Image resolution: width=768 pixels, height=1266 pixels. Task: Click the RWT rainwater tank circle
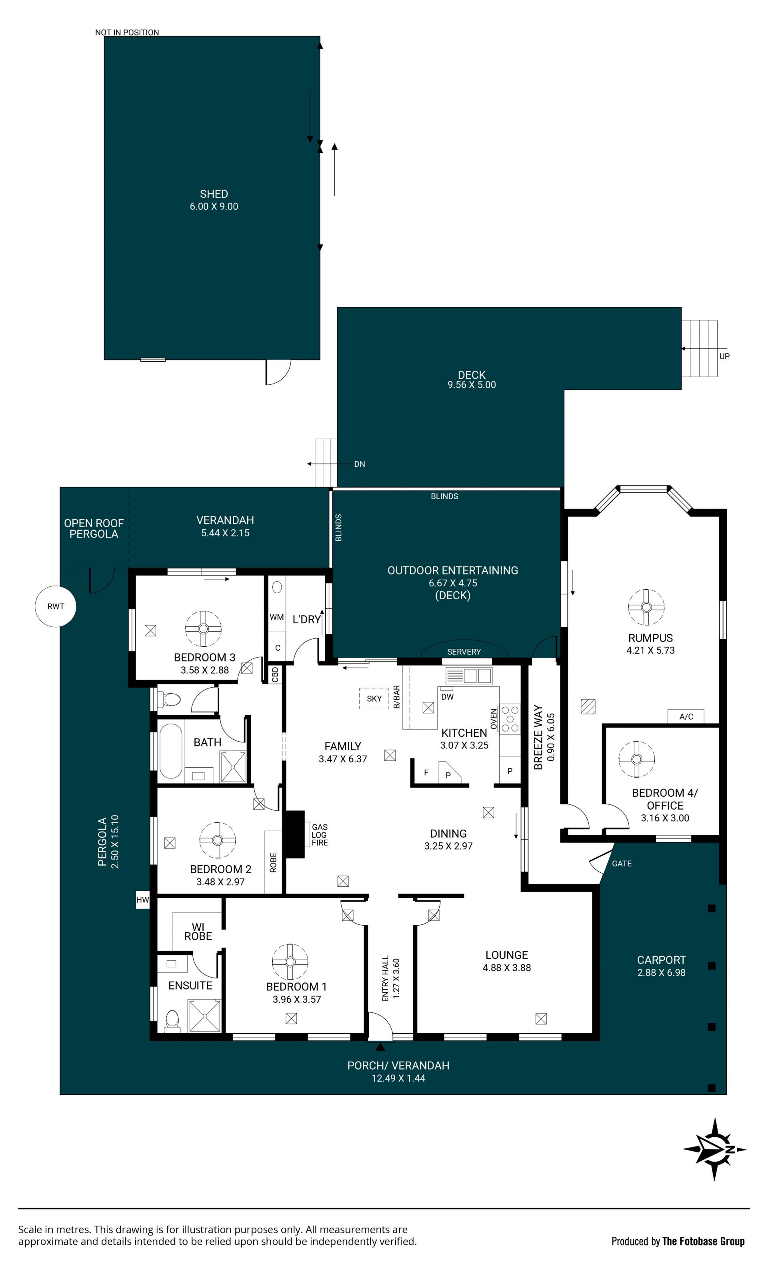[56, 606]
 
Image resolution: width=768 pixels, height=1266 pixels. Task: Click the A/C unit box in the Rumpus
[686, 716]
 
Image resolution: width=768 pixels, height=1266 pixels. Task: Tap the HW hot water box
[142, 900]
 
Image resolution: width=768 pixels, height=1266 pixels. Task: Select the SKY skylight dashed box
[374, 698]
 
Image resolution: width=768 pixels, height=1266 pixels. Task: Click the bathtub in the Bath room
[171, 751]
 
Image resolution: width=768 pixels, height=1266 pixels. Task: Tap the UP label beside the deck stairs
[724, 356]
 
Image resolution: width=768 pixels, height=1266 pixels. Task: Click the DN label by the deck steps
[360, 464]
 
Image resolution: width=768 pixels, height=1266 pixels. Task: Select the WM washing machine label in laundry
[276, 617]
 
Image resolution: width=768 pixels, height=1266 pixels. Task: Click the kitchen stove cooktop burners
[510, 718]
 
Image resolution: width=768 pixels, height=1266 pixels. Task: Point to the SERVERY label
[464, 652]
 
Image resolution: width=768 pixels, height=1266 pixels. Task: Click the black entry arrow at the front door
[380, 1047]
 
